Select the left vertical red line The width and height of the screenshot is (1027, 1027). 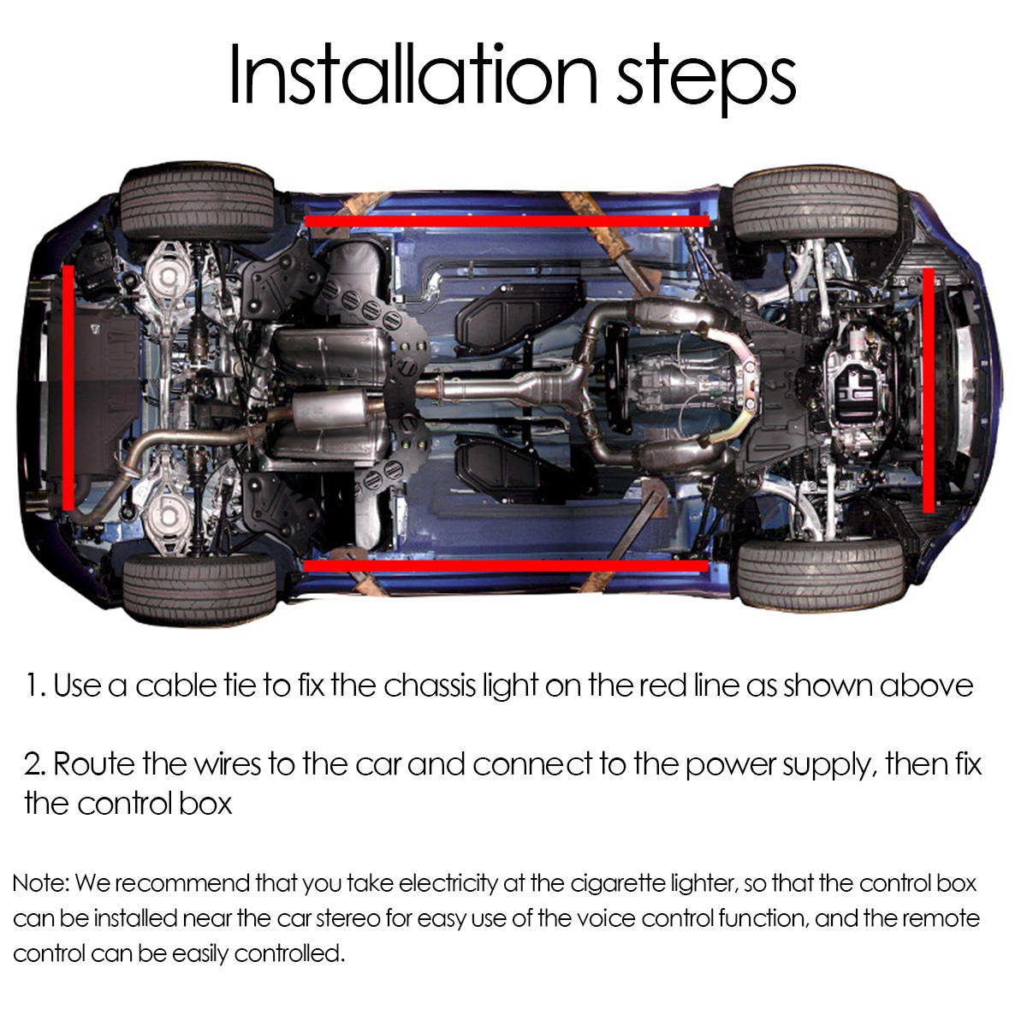[x=68, y=387]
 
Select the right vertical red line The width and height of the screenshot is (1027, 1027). [x=929, y=390]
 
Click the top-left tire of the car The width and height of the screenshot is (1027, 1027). [x=197, y=204]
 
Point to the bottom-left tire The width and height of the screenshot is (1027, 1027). [x=199, y=588]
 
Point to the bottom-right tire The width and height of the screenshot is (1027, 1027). [x=819, y=573]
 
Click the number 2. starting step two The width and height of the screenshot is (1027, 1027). [x=35, y=764]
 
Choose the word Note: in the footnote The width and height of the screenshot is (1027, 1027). [x=40, y=883]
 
